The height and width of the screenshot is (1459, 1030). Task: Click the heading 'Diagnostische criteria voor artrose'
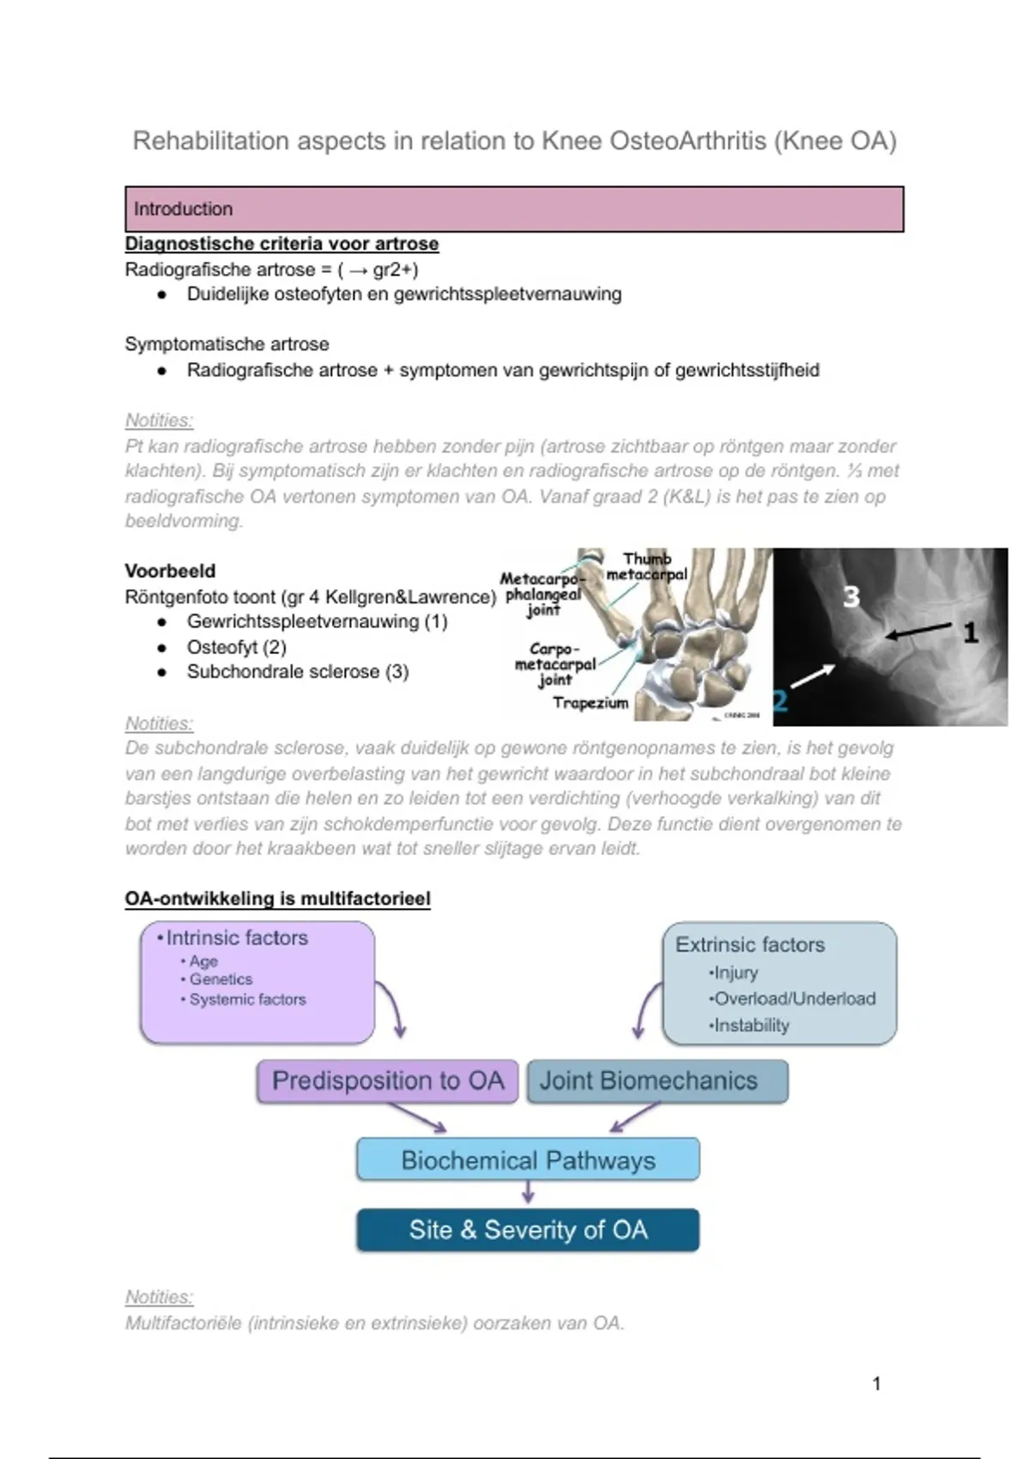click(x=282, y=244)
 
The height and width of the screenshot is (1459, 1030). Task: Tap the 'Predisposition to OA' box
click(x=387, y=1081)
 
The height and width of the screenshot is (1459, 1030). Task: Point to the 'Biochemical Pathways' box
click(x=528, y=1160)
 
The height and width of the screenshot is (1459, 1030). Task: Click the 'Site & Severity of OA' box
click(x=528, y=1230)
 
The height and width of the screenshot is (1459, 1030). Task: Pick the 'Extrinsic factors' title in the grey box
click(x=749, y=945)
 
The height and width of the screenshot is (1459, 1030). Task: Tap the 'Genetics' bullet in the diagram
click(x=221, y=979)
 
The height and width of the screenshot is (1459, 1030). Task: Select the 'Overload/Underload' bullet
click(x=794, y=999)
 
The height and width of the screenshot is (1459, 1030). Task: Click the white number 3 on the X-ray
click(x=851, y=597)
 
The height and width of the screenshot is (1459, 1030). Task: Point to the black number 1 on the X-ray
click(x=970, y=633)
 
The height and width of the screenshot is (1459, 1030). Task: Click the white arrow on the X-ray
click(x=812, y=676)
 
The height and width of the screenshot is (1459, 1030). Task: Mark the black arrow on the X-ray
click(x=918, y=633)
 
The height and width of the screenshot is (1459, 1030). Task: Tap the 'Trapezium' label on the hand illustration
click(x=591, y=704)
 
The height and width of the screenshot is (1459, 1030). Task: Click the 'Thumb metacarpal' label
click(x=646, y=567)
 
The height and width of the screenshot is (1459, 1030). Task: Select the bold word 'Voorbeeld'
click(x=170, y=571)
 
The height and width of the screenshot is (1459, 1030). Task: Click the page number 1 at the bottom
click(x=876, y=1383)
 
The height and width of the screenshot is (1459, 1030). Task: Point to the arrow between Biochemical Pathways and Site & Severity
click(x=528, y=1191)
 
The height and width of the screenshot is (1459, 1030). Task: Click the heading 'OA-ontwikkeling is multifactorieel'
click(x=277, y=899)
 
